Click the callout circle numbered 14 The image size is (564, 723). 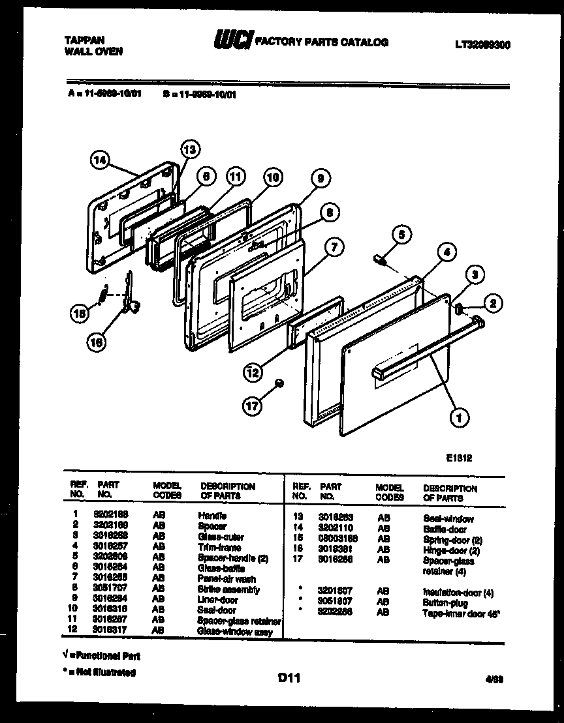(x=101, y=161)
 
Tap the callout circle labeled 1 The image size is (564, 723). (x=460, y=415)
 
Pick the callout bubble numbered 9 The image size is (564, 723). (x=320, y=177)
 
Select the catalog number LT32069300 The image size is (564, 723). (x=482, y=45)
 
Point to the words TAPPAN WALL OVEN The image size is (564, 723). (x=94, y=45)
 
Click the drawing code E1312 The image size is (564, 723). (x=459, y=458)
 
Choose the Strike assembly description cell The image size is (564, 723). (x=228, y=589)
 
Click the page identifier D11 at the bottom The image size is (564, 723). (x=288, y=678)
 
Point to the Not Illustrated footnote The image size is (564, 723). (x=99, y=672)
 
